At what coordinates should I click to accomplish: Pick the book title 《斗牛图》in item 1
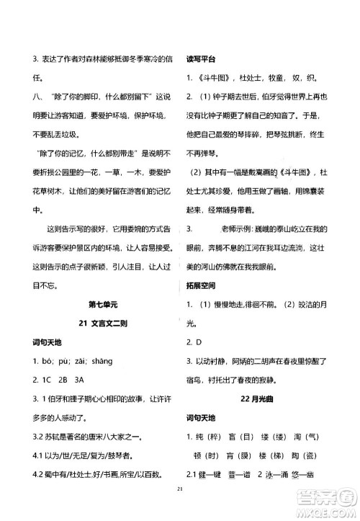(x=210, y=78)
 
